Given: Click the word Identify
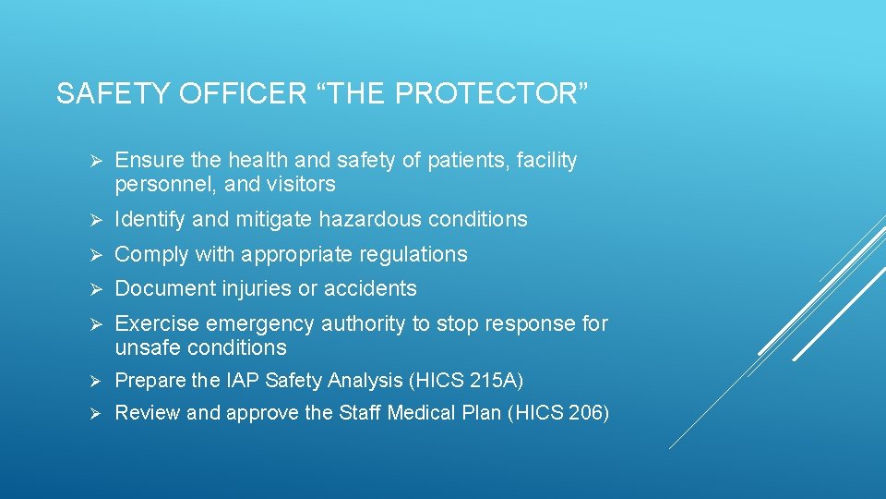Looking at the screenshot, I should [147, 220].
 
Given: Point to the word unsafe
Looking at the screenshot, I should [147, 348].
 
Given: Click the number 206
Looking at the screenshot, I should [586, 413].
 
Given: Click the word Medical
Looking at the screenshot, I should [416, 413].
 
